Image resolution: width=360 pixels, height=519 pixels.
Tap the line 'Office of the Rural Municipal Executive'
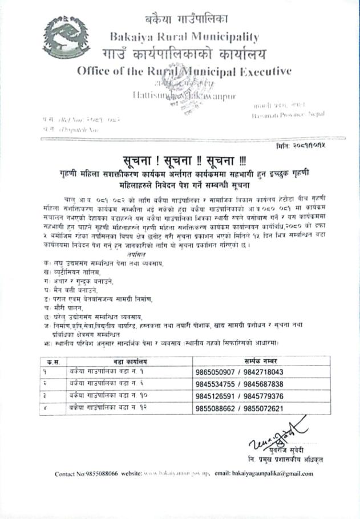[x=184, y=71]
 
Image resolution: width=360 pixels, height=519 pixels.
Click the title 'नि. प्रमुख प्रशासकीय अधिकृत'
[x=277, y=457]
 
